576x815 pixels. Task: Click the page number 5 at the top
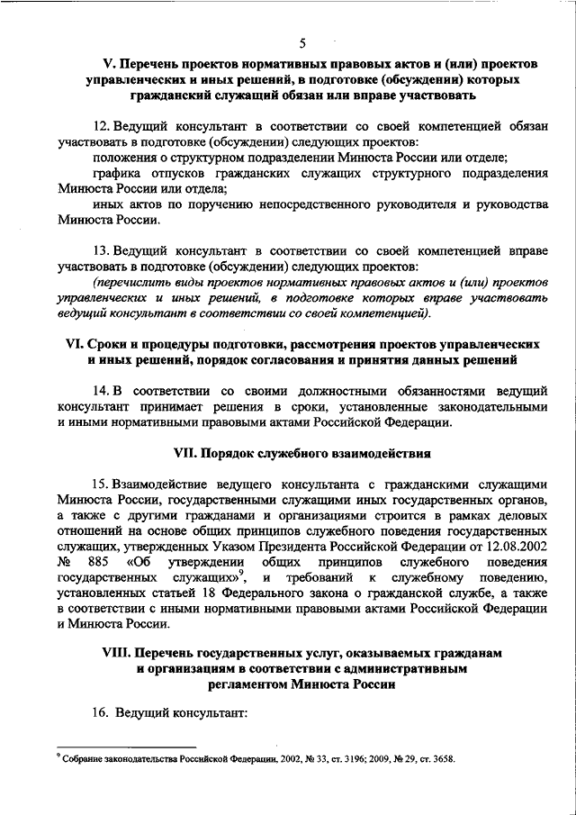tap(303, 43)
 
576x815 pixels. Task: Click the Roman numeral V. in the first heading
tap(108, 67)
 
